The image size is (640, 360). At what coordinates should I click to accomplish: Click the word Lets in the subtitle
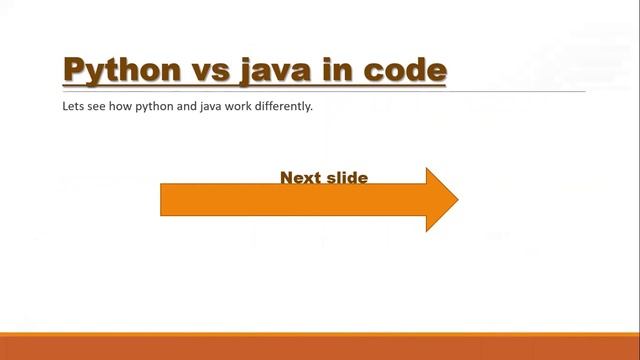pos(71,106)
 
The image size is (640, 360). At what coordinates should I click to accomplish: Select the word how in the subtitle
pos(117,106)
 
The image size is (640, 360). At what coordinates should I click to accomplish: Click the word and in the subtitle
pos(183,106)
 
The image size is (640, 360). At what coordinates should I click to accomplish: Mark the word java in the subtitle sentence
pos(208,106)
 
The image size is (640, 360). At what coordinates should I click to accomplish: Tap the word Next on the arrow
pos(299,178)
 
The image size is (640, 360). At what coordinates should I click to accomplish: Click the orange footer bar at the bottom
pos(320,347)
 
